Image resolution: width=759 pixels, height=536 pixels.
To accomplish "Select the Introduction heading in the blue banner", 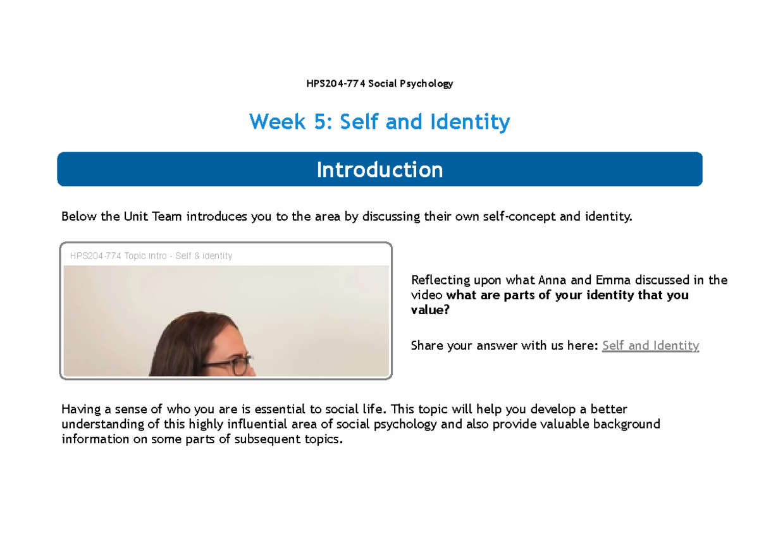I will pyautogui.click(x=379, y=169).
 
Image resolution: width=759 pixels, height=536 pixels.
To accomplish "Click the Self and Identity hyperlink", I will pyautogui.click(x=650, y=345).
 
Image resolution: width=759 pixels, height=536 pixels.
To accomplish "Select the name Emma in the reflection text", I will pyautogui.click(x=613, y=280).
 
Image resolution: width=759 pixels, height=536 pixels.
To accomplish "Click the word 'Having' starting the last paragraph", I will pyautogui.click(x=81, y=410).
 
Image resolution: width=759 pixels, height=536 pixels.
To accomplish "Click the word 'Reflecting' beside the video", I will pyautogui.click(x=440, y=280).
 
